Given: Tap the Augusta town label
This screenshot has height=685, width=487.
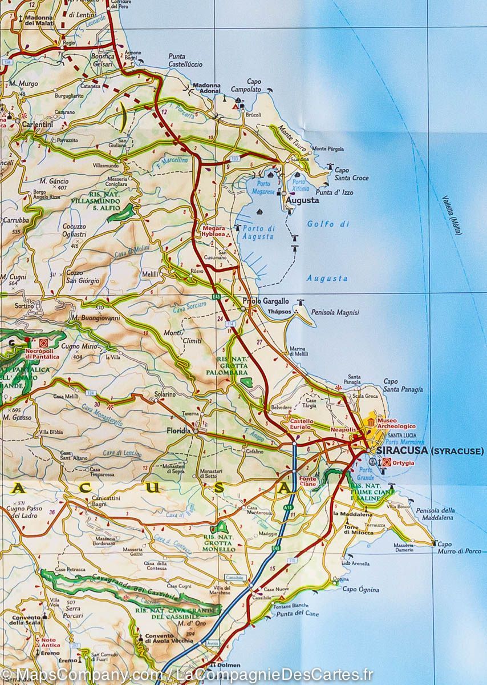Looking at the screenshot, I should pyautogui.click(x=303, y=201).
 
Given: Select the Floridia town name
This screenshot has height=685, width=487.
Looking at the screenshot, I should pyautogui.click(x=178, y=431).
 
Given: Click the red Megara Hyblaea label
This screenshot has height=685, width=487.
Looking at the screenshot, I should pyautogui.click(x=214, y=231).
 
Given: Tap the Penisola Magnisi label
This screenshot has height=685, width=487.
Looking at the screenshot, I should pyautogui.click(x=335, y=312).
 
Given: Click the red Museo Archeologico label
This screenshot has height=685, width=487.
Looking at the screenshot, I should pyautogui.click(x=395, y=423).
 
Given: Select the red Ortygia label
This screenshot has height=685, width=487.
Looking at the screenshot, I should pyautogui.click(x=404, y=462).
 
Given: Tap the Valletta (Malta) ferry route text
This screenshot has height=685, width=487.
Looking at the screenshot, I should pyautogui.click(x=452, y=215).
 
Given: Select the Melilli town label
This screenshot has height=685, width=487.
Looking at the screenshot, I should pyautogui.click(x=151, y=275).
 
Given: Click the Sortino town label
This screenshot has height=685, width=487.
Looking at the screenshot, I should pyautogui.click(x=25, y=307).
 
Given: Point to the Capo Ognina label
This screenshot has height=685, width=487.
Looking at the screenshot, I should pyautogui.click(x=357, y=589).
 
